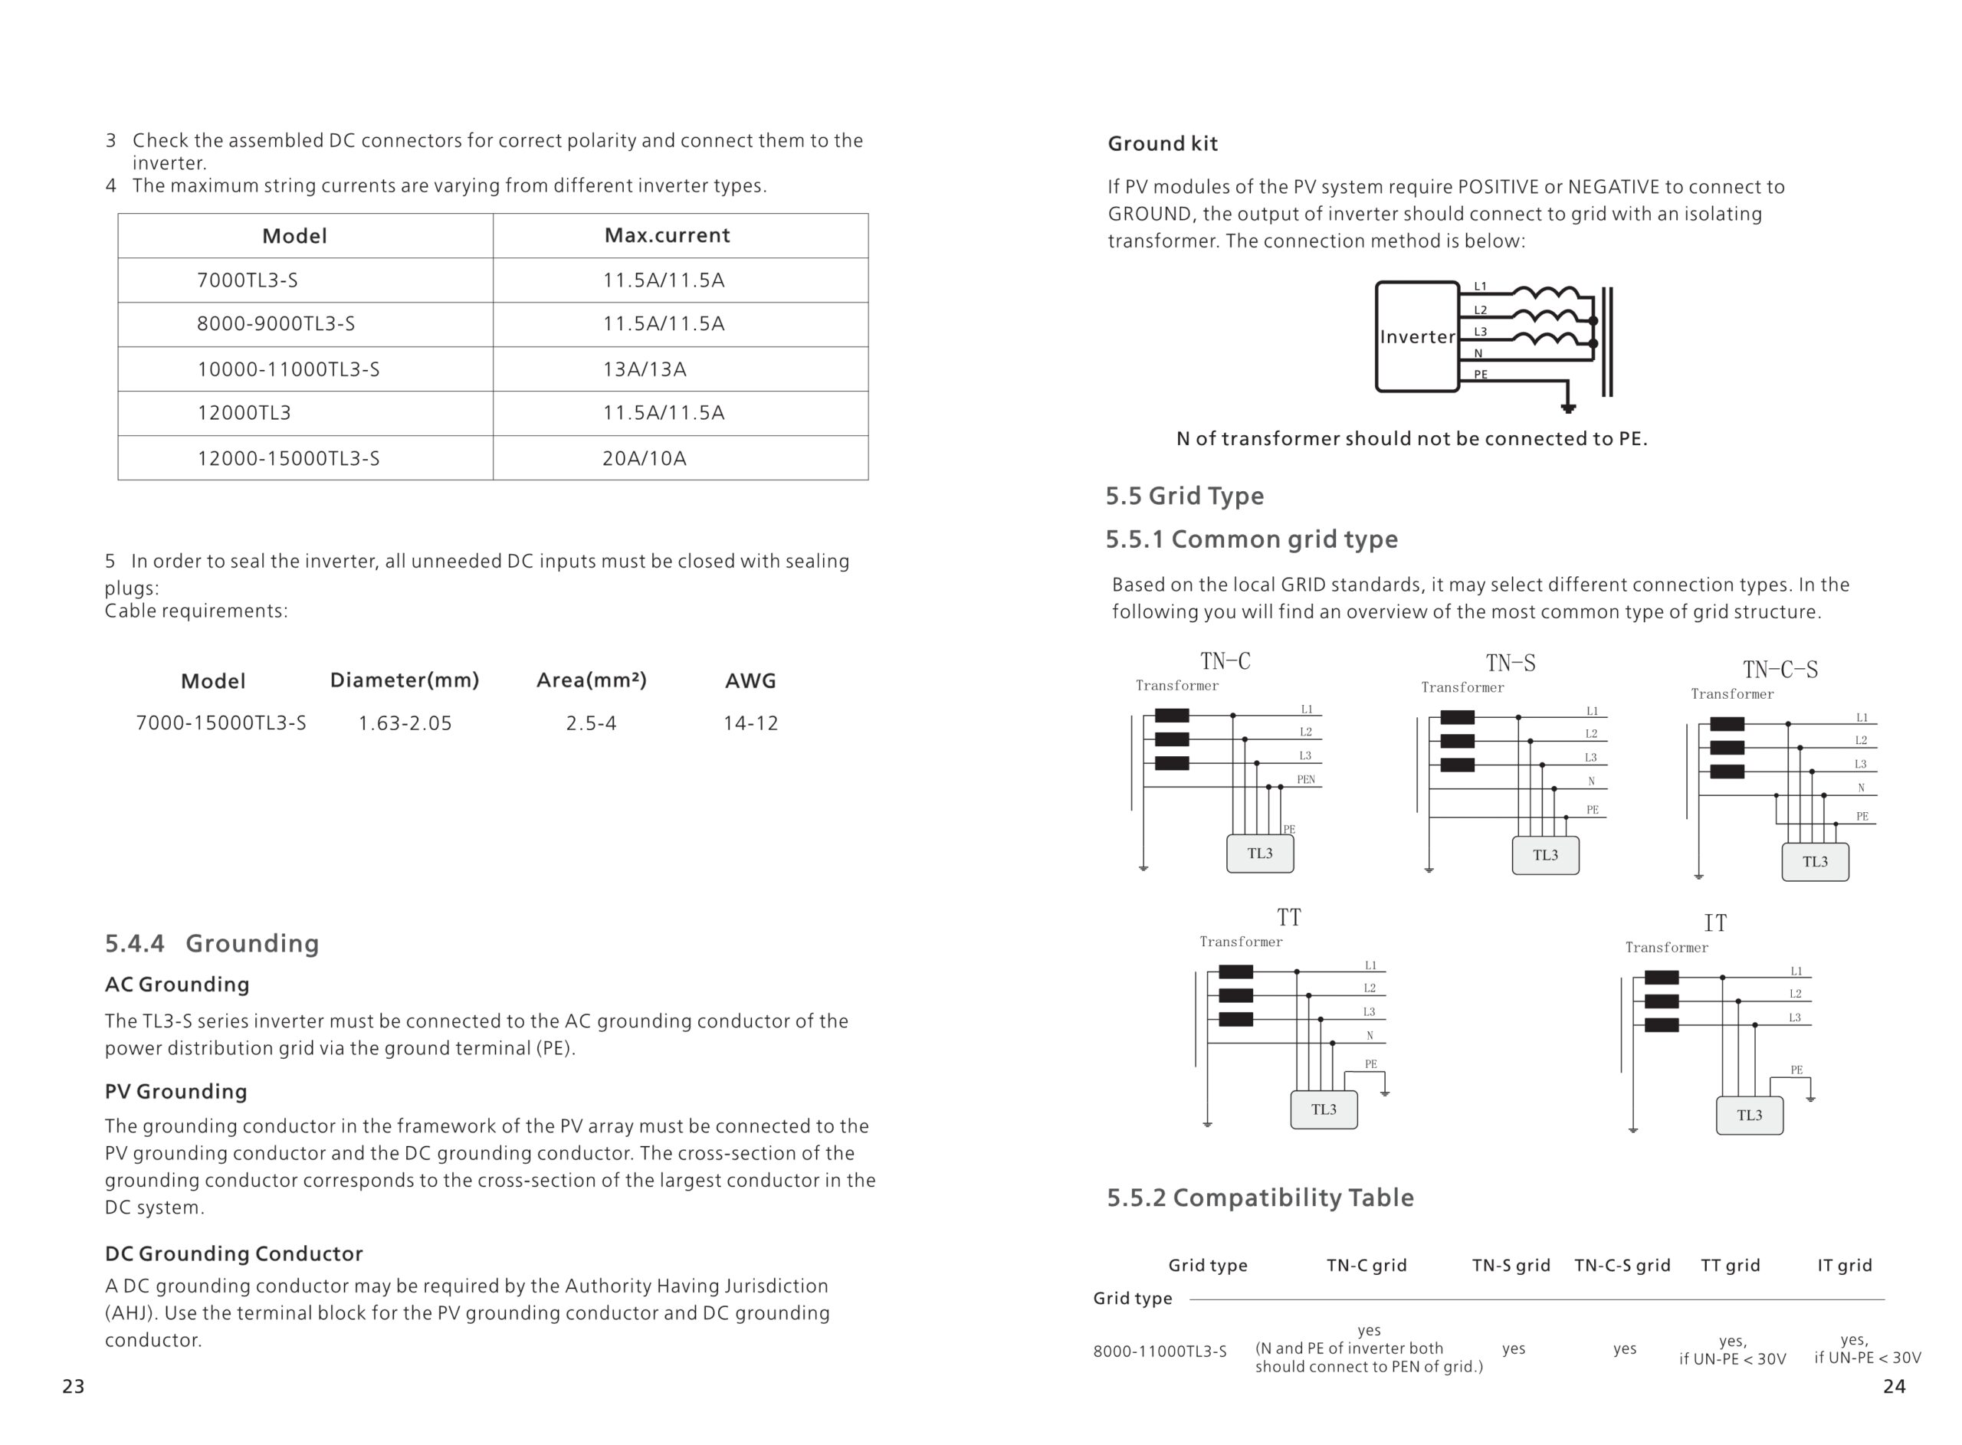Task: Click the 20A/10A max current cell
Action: point(644,458)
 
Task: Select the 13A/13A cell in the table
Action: point(644,369)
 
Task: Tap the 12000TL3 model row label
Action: point(243,413)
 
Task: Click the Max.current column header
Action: point(667,235)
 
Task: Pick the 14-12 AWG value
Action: point(750,723)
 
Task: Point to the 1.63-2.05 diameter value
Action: point(405,723)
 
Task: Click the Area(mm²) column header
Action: point(592,680)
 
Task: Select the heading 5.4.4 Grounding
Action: point(212,943)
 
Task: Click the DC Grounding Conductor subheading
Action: point(234,1253)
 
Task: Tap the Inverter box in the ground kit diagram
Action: point(1416,337)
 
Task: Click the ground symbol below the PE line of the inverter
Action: point(1568,408)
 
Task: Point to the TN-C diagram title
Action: point(1225,661)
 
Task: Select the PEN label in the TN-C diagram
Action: point(1305,779)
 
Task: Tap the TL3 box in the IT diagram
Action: point(1749,1116)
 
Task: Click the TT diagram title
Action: point(1288,918)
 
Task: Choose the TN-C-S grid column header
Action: point(1622,1265)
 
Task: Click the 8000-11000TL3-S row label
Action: point(1159,1352)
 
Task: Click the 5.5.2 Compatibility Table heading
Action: point(1260,1198)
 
